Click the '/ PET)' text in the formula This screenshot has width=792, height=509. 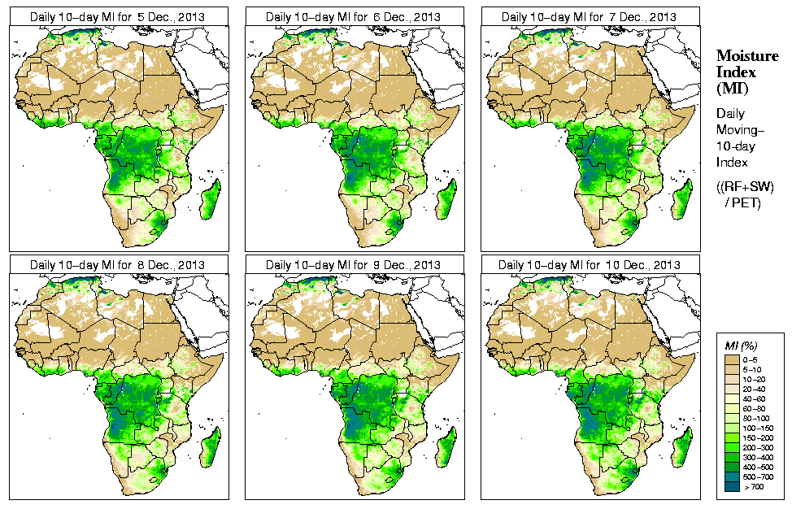pos(743,202)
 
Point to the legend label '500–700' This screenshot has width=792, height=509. pos(756,476)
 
